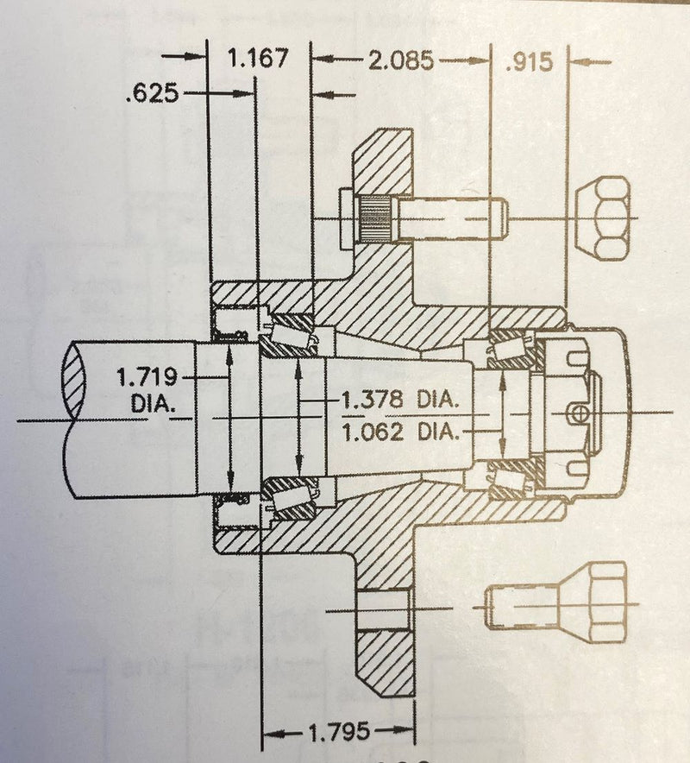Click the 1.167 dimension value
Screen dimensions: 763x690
(x=255, y=60)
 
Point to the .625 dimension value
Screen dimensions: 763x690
(x=152, y=92)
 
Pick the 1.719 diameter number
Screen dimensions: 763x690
(x=146, y=376)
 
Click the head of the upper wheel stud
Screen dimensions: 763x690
(x=347, y=218)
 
